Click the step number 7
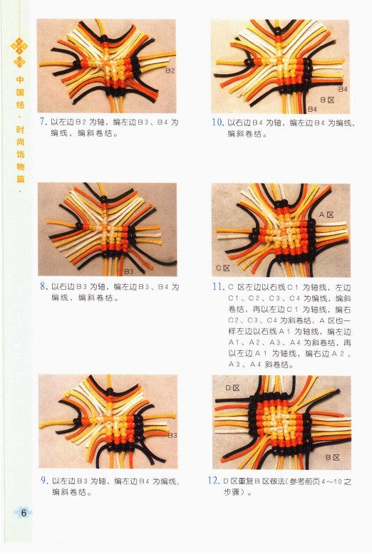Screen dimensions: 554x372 pos(43,122)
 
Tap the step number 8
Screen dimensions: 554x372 pos(44,287)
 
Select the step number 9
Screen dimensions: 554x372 pos(44,481)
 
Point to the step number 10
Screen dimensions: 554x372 pos(218,122)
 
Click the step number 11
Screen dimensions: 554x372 pos(219,287)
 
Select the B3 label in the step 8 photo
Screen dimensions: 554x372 pos(129,271)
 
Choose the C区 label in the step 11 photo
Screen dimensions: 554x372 pos(223,268)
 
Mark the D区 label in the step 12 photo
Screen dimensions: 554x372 pos(232,388)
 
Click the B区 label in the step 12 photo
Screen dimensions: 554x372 pos(333,456)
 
